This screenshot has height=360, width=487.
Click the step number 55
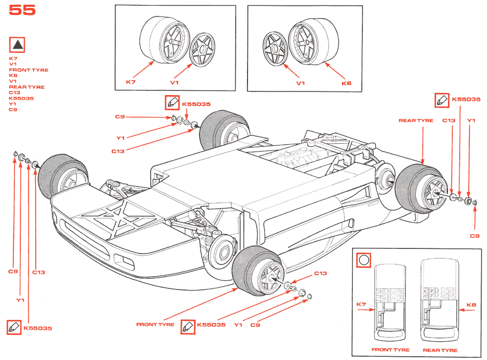coord(22,10)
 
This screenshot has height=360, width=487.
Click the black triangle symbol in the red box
coord(18,45)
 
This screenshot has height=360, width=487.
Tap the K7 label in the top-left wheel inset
coord(131,82)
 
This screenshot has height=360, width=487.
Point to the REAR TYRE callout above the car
coord(416,121)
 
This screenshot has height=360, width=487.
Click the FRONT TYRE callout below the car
coord(155,324)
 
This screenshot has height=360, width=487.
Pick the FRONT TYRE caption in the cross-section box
coord(390,350)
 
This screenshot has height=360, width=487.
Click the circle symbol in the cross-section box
coord(364,260)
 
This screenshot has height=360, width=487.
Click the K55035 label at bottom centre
coord(211,324)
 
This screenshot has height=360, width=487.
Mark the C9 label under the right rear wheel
coord(475,236)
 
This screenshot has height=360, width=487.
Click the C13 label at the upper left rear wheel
coord(118,151)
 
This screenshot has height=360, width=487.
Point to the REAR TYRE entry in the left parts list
coord(27,87)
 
